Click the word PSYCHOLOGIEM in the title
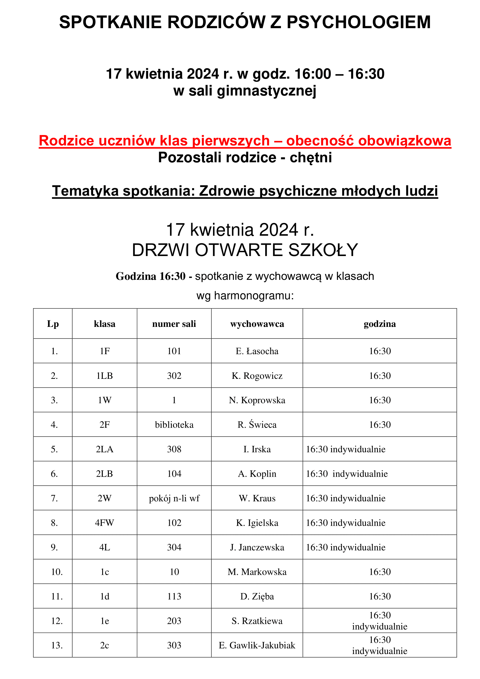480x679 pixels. (x=358, y=22)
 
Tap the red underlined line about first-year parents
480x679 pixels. (x=245, y=141)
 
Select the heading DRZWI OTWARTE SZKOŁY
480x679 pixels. (x=245, y=250)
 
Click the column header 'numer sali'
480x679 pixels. (x=174, y=324)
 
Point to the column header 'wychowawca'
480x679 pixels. (x=257, y=324)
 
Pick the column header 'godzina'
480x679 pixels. (x=380, y=324)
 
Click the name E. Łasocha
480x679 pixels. (x=257, y=351)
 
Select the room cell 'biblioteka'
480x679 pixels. (x=174, y=425)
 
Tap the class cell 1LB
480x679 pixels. (x=105, y=376)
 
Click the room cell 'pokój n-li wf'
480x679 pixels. (x=174, y=498)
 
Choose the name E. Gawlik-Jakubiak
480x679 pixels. (x=257, y=645)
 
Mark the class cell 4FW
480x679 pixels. (x=105, y=523)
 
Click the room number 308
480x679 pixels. (x=174, y=449)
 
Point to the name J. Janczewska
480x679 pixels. (x=257, y=547)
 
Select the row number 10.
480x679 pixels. (x=57, y=572)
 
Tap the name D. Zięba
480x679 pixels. (x=257, y=597)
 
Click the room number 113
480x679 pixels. (x=174, y=597)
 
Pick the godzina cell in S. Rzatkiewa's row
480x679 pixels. (x=380, y=621)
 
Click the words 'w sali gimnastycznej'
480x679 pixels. (x=245, y=91)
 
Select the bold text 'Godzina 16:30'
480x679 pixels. (x=150, y=276)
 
